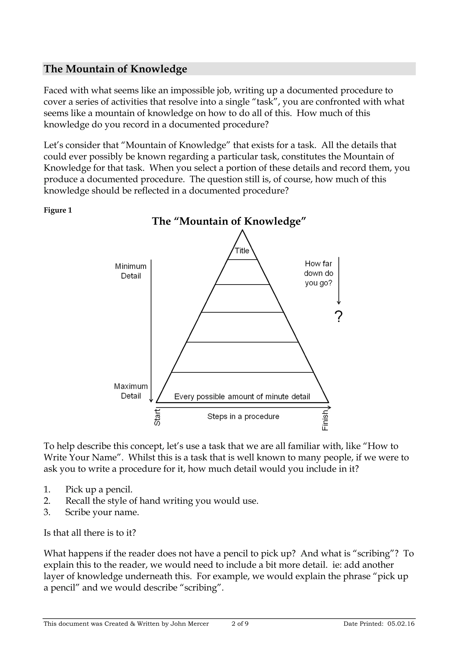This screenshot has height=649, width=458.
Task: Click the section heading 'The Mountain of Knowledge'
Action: pos(115,69)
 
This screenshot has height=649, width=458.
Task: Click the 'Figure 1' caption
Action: pos(57,210)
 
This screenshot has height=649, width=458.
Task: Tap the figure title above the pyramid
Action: pos(229,221)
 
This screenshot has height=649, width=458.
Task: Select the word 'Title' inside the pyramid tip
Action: pos(242,251)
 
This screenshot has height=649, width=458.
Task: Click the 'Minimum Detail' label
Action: pos(131,271)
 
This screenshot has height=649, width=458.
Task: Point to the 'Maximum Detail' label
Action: pos(131,391)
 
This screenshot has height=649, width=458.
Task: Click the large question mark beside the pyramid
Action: pos(338,317)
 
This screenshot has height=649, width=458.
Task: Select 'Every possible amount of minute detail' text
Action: pos(242,397)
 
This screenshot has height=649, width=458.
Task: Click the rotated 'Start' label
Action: pos(157,417)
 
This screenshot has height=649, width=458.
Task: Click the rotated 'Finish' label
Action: pos(325,420)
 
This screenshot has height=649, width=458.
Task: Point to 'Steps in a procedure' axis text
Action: pos(243,416)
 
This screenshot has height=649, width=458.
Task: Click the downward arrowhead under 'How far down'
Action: pos(339,303)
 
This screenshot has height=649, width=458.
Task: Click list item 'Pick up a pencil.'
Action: pos(99,489)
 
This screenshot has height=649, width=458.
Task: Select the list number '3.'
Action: pos(47,512)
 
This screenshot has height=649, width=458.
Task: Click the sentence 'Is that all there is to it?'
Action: pos(90,533)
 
